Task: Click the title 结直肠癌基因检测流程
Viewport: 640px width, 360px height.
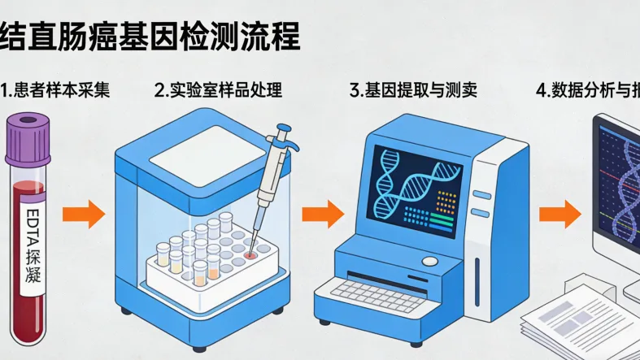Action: pos(150,36)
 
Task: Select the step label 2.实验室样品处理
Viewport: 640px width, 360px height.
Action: pos(218,90)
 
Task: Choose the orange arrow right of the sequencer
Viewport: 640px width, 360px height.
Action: pos(561,215)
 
